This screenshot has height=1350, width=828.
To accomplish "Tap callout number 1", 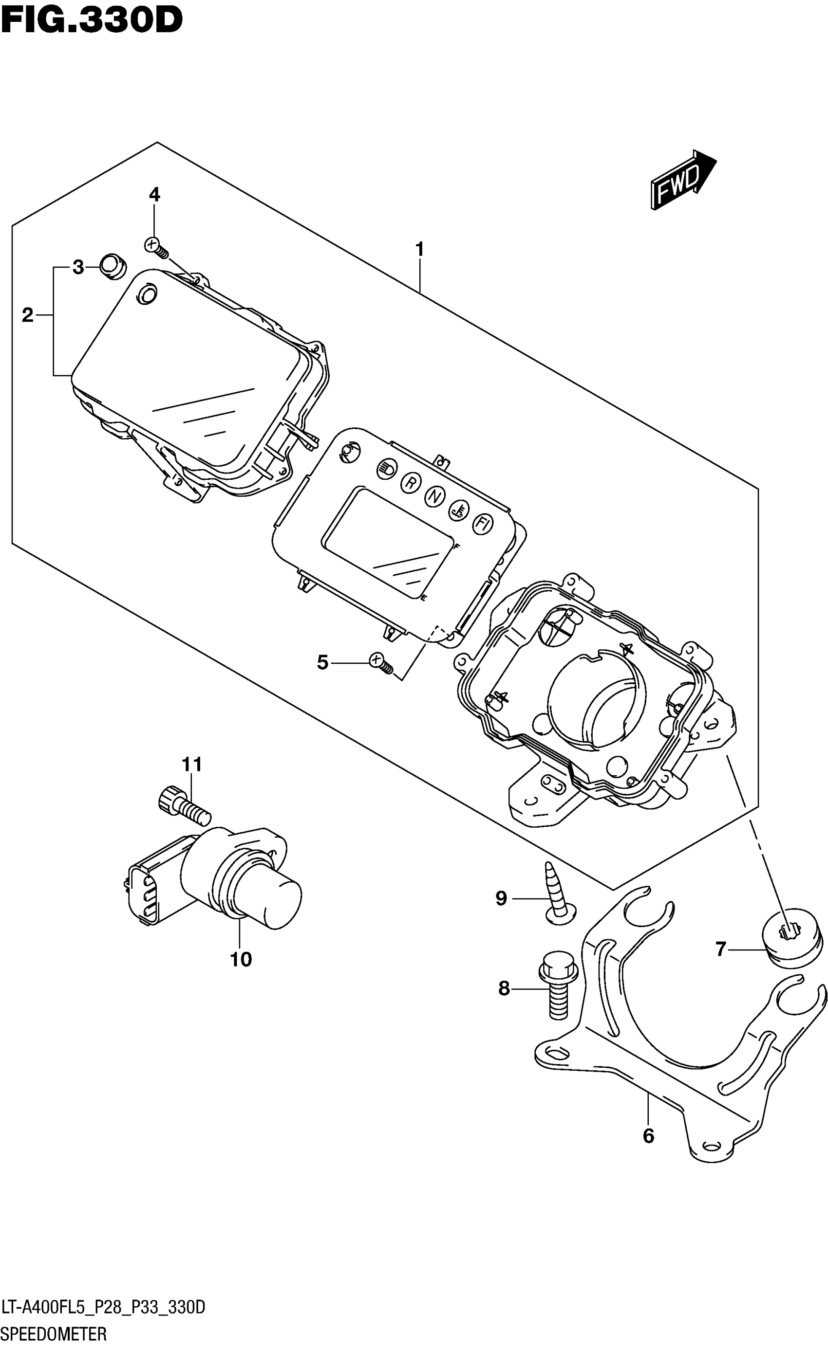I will point(419,250).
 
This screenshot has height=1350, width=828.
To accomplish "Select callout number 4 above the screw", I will point(154,195).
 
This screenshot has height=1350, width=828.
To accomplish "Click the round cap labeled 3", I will point(113,267).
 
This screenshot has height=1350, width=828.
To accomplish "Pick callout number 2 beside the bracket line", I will point(27,315).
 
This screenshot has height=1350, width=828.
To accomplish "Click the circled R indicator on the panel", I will point(410,483).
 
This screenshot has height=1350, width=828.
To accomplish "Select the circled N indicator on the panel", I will point(434,496).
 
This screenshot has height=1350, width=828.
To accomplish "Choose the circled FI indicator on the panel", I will point(483,524).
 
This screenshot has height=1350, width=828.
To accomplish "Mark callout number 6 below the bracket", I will point(648,1136).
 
